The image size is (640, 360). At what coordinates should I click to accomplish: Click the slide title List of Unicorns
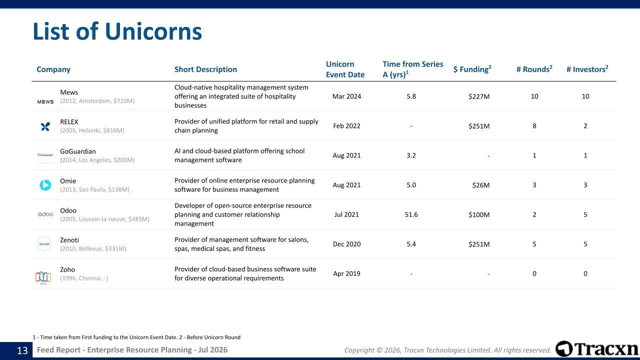(117, 31)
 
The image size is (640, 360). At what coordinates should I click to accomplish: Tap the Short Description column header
(205, 69)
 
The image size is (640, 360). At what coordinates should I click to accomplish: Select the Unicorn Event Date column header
(345, 69)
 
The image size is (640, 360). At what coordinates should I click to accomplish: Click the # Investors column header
(587, 69)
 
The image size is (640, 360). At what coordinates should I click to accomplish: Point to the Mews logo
(45, 101)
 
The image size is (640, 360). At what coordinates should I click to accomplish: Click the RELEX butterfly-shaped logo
(45, 126)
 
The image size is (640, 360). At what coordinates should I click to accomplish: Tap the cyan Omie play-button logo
(45, 185)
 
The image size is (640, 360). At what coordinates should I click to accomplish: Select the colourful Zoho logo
(43, 277)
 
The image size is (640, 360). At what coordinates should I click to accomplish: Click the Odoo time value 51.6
(411, 214)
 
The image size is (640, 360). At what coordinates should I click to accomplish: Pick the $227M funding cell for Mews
(479, 96)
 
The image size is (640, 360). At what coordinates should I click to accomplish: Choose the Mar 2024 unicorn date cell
(346, 96)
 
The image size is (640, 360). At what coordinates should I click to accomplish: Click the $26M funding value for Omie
(481, 185)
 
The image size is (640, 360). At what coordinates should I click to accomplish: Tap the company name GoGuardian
(77, 151)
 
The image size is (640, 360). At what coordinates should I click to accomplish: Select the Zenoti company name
(69, 240)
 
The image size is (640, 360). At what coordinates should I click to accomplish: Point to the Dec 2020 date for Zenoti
(346, 244)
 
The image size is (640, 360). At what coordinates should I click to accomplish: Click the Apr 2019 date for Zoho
(346, 273)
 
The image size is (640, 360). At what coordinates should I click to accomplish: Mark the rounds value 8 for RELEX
(534, 126)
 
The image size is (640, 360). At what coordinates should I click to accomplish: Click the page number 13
(22, 350)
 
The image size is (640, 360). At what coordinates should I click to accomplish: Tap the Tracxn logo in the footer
(597, 349)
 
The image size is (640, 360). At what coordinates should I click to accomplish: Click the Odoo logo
(45, 214)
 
